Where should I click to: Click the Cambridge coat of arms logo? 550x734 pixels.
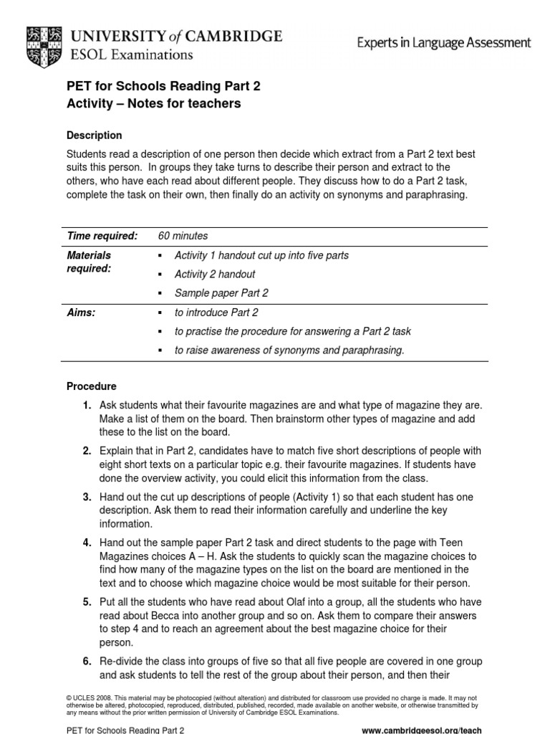(x=44, y=44)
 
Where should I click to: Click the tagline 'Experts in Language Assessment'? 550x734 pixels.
(x=444, y=43)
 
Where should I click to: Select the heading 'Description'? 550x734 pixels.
(x=94, y=135)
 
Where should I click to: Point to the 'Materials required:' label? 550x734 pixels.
(x=89, y=261)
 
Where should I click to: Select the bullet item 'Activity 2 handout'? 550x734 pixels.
(x=215, y=274)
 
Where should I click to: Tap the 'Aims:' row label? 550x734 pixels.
(x=80, y=313)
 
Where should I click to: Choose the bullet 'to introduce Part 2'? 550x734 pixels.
(x=216, y=313)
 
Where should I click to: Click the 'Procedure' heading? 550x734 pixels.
(x=91, y=386)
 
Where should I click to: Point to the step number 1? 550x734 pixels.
(x=87, y=406)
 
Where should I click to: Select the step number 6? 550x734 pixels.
(x=87, y=661)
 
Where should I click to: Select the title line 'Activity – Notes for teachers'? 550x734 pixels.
(x=154, y=104)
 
